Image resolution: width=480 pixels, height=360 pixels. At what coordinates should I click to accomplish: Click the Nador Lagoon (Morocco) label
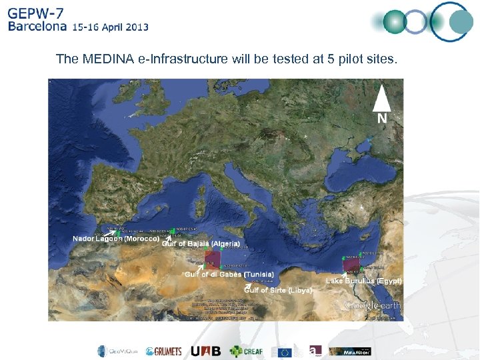coord(115,239)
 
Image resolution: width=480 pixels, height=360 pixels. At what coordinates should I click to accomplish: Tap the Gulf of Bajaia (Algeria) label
coord(201,244)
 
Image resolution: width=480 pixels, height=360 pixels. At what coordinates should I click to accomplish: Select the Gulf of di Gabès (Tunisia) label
coord(229,275)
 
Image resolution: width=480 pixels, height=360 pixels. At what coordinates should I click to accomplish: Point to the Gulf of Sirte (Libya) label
coord(279,290)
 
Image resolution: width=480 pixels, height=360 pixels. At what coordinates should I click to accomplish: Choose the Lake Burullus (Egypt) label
coord(363,281)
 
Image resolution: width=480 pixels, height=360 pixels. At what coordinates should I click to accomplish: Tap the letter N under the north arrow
coord(382,118)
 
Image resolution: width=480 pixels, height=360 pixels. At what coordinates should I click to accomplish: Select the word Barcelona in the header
coord(37,27)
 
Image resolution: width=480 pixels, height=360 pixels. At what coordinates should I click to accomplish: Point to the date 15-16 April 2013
coord(111,27)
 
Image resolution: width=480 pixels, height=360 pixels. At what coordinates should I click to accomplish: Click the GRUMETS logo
coord(163,351)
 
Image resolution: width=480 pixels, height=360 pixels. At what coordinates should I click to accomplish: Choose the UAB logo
coord(203,351)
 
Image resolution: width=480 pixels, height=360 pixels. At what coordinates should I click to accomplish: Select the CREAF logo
coord(246,351)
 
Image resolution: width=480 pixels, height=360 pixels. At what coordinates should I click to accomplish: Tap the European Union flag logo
coord(285,351)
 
